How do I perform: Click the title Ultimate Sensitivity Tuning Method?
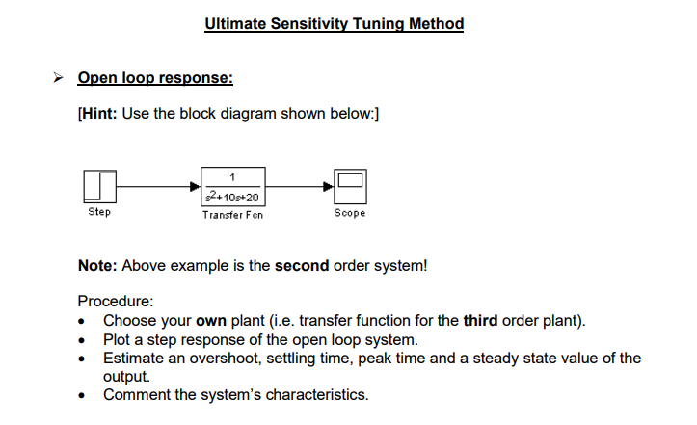[x=334, y=23]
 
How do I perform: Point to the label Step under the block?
[x=99, y=212]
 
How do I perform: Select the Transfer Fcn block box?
[x=232, y=185]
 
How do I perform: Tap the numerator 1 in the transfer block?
[x=232, y=175]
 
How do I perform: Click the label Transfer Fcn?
[x=232, y=215]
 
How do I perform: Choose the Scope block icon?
[x=349, y=185]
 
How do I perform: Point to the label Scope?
[x=349, y=213]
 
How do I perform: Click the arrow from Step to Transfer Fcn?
[x=159, y=185]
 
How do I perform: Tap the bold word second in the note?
[x=302, y=265]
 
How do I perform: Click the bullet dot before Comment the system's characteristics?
[x=88, y=395]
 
